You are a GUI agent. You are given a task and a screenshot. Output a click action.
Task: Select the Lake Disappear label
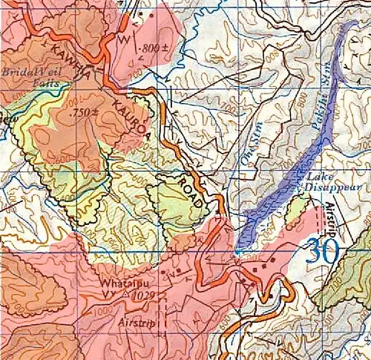point(321,182)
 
